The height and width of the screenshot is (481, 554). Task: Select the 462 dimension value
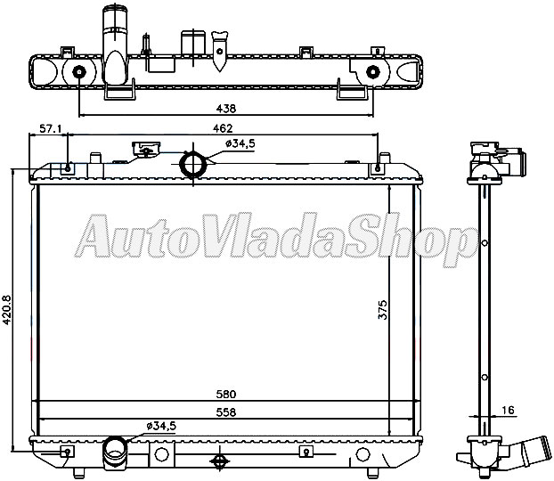224,128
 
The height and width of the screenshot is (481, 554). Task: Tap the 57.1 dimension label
52,128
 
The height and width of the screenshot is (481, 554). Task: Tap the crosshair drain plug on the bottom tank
219,461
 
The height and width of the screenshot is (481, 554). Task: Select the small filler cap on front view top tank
143,149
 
